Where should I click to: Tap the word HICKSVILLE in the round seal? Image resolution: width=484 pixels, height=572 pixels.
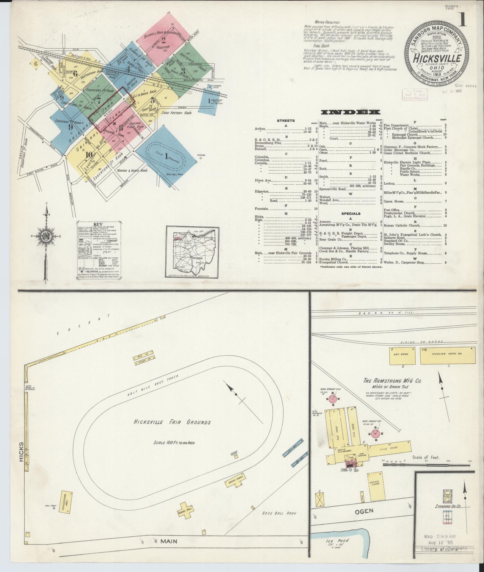tap(436, 58)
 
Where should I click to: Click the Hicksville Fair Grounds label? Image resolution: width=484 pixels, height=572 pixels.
tap(172, 422)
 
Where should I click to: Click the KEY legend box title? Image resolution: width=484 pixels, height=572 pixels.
tap(98, 224)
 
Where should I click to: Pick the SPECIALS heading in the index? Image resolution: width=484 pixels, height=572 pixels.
tap(351, 213)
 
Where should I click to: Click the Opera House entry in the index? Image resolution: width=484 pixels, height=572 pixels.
tap(394, 201)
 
